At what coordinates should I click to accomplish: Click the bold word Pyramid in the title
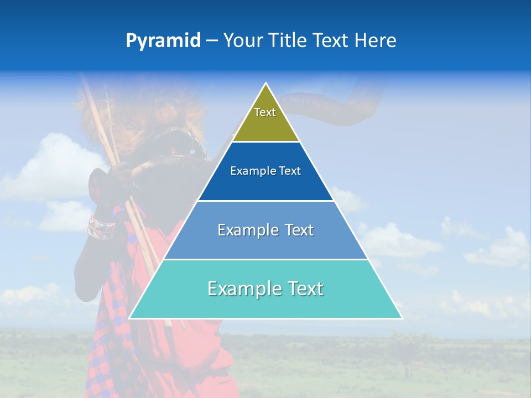(x=163, y=41)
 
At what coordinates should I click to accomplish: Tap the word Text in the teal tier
(x=305, y=289)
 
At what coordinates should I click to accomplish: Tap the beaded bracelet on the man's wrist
(x=100, y=227)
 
